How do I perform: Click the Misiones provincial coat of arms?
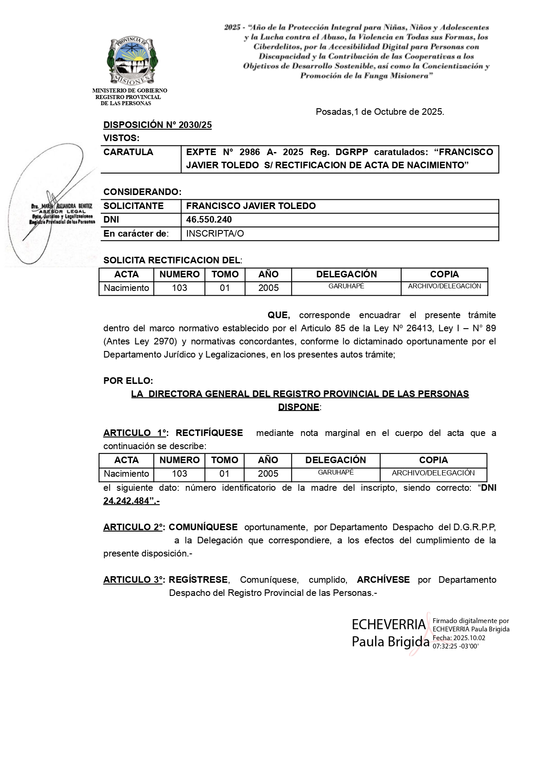pyautogui.click(x=132, y=61)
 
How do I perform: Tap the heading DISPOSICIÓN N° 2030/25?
pyautogui.click(x=157, y=125)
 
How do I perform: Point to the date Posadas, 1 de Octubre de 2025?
pyautogui.click(x=380, y=112)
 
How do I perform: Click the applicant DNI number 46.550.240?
pyautogui.click(x=209, y=220)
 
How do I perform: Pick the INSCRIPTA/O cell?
pyautogui.click(x=215, y=234)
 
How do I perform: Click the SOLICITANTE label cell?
pyautogui.click(x=133, y=206)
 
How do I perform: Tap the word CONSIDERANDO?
pyautogui.click(x=141, y=192)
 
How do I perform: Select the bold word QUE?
pyautogui.click(x=279, y=315)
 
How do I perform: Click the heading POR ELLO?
pyautogui.click(x=128, y=381)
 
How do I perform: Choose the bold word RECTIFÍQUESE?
pyautogui.click(x=209, y=433)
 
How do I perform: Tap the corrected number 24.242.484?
pyautogui.click(x=126, y=501)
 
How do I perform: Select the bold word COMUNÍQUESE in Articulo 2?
pyautogui.click(x=203, y=527)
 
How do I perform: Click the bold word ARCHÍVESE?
pyautogui.click(x=383, y=580)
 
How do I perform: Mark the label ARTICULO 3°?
pyautogui.click(x=134, y=580)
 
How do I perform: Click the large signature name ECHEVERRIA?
pyautogui.click(x=389, y=624)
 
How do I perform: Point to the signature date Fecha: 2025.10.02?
pyautogui.click(x=459, y=638)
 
